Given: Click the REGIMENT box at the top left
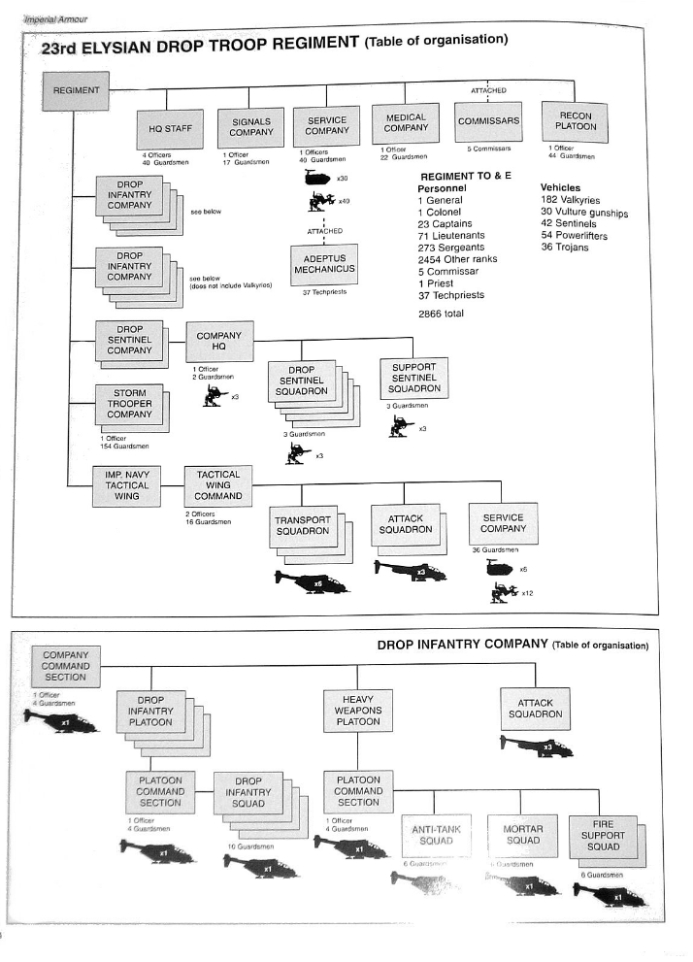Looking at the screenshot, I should (x=77, y=91).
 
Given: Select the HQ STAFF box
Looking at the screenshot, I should (x=171, y=127).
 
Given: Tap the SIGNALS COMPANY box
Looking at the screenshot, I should (x=251, y=127).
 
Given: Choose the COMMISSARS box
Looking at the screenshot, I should (x=488, y=122).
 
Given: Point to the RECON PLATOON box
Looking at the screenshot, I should (x=576, y=121).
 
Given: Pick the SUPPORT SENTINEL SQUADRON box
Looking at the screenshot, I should (x=414, y=379).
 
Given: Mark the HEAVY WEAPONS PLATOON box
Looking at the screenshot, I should (x=358, y=711).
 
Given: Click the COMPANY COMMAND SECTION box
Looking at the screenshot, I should (x=66, y=667).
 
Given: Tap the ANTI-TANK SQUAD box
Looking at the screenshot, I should (x=435, y=836).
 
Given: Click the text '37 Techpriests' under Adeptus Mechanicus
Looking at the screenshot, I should (x=324, y=292).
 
